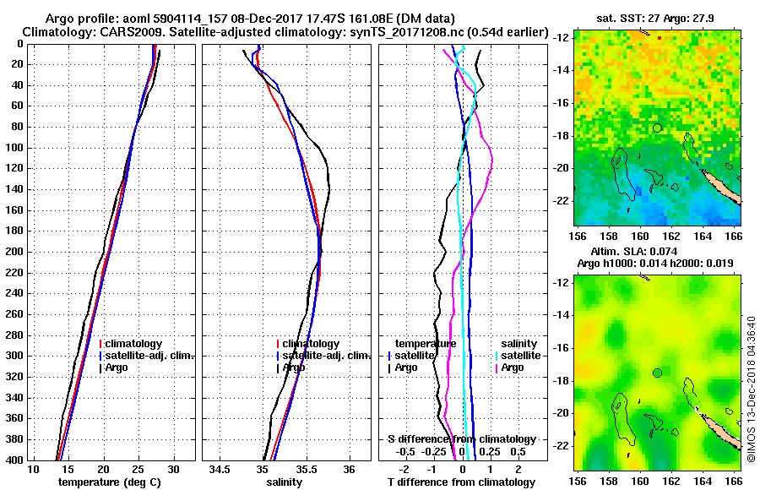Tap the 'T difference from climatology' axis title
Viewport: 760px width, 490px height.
[461, 482]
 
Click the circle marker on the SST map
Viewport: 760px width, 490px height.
[657, 128]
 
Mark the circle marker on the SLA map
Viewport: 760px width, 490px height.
[657, 373]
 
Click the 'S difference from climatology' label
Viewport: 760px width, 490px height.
[461, 439]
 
